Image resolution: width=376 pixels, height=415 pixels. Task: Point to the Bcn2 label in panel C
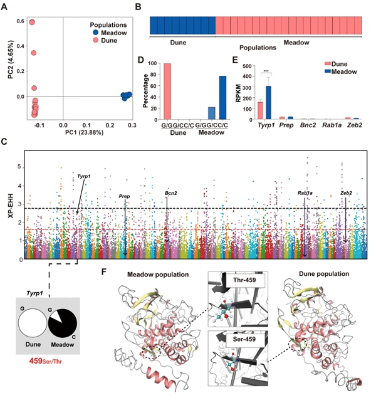pyautogui.click(x=171, y=193)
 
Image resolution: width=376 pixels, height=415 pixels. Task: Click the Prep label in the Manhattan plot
pyautogui.click(x=124, y=196)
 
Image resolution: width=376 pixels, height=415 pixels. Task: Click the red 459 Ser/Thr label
pyautogui.click(x=56, y=362)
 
